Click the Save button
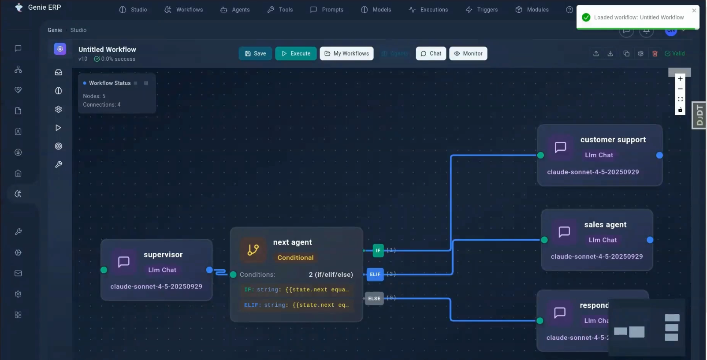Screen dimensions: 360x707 [x=255, y=54]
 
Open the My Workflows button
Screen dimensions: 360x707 [x=346, y=54]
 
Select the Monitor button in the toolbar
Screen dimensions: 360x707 [x=468, y=54]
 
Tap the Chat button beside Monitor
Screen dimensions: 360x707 [x=431, y=54]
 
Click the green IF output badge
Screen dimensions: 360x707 [x=378, y=250]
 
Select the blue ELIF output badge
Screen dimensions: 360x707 [x=375, y=275]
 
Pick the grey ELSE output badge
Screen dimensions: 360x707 [x=374, y=299]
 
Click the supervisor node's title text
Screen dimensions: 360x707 [x=163, y=255]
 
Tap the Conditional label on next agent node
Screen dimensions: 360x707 [x=295, y=258]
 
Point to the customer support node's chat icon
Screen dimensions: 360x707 [x=560, y=147]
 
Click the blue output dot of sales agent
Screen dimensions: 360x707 [x=650, y=240]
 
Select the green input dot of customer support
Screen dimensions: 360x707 [x=540, y=155]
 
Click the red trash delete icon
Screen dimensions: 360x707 [x=655, y=54]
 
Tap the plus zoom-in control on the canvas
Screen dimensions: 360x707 [x=680, y=79]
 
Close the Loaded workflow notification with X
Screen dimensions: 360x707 [x=694, y=11]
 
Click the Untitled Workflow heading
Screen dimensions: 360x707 [x=107, y=50]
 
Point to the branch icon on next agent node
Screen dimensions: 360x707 [x=253, y=250]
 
